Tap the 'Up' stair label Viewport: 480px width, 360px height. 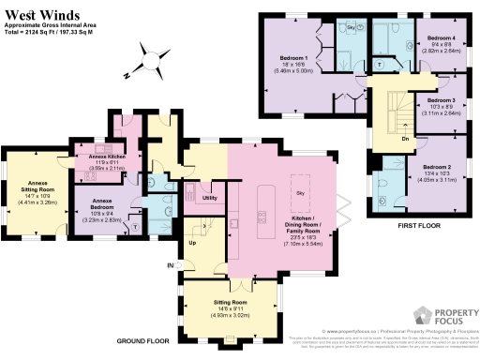tap(194, 240)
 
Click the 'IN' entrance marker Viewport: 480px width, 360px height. tap(171, 266)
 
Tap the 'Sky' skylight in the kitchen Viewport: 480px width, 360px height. tap(300, 191)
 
